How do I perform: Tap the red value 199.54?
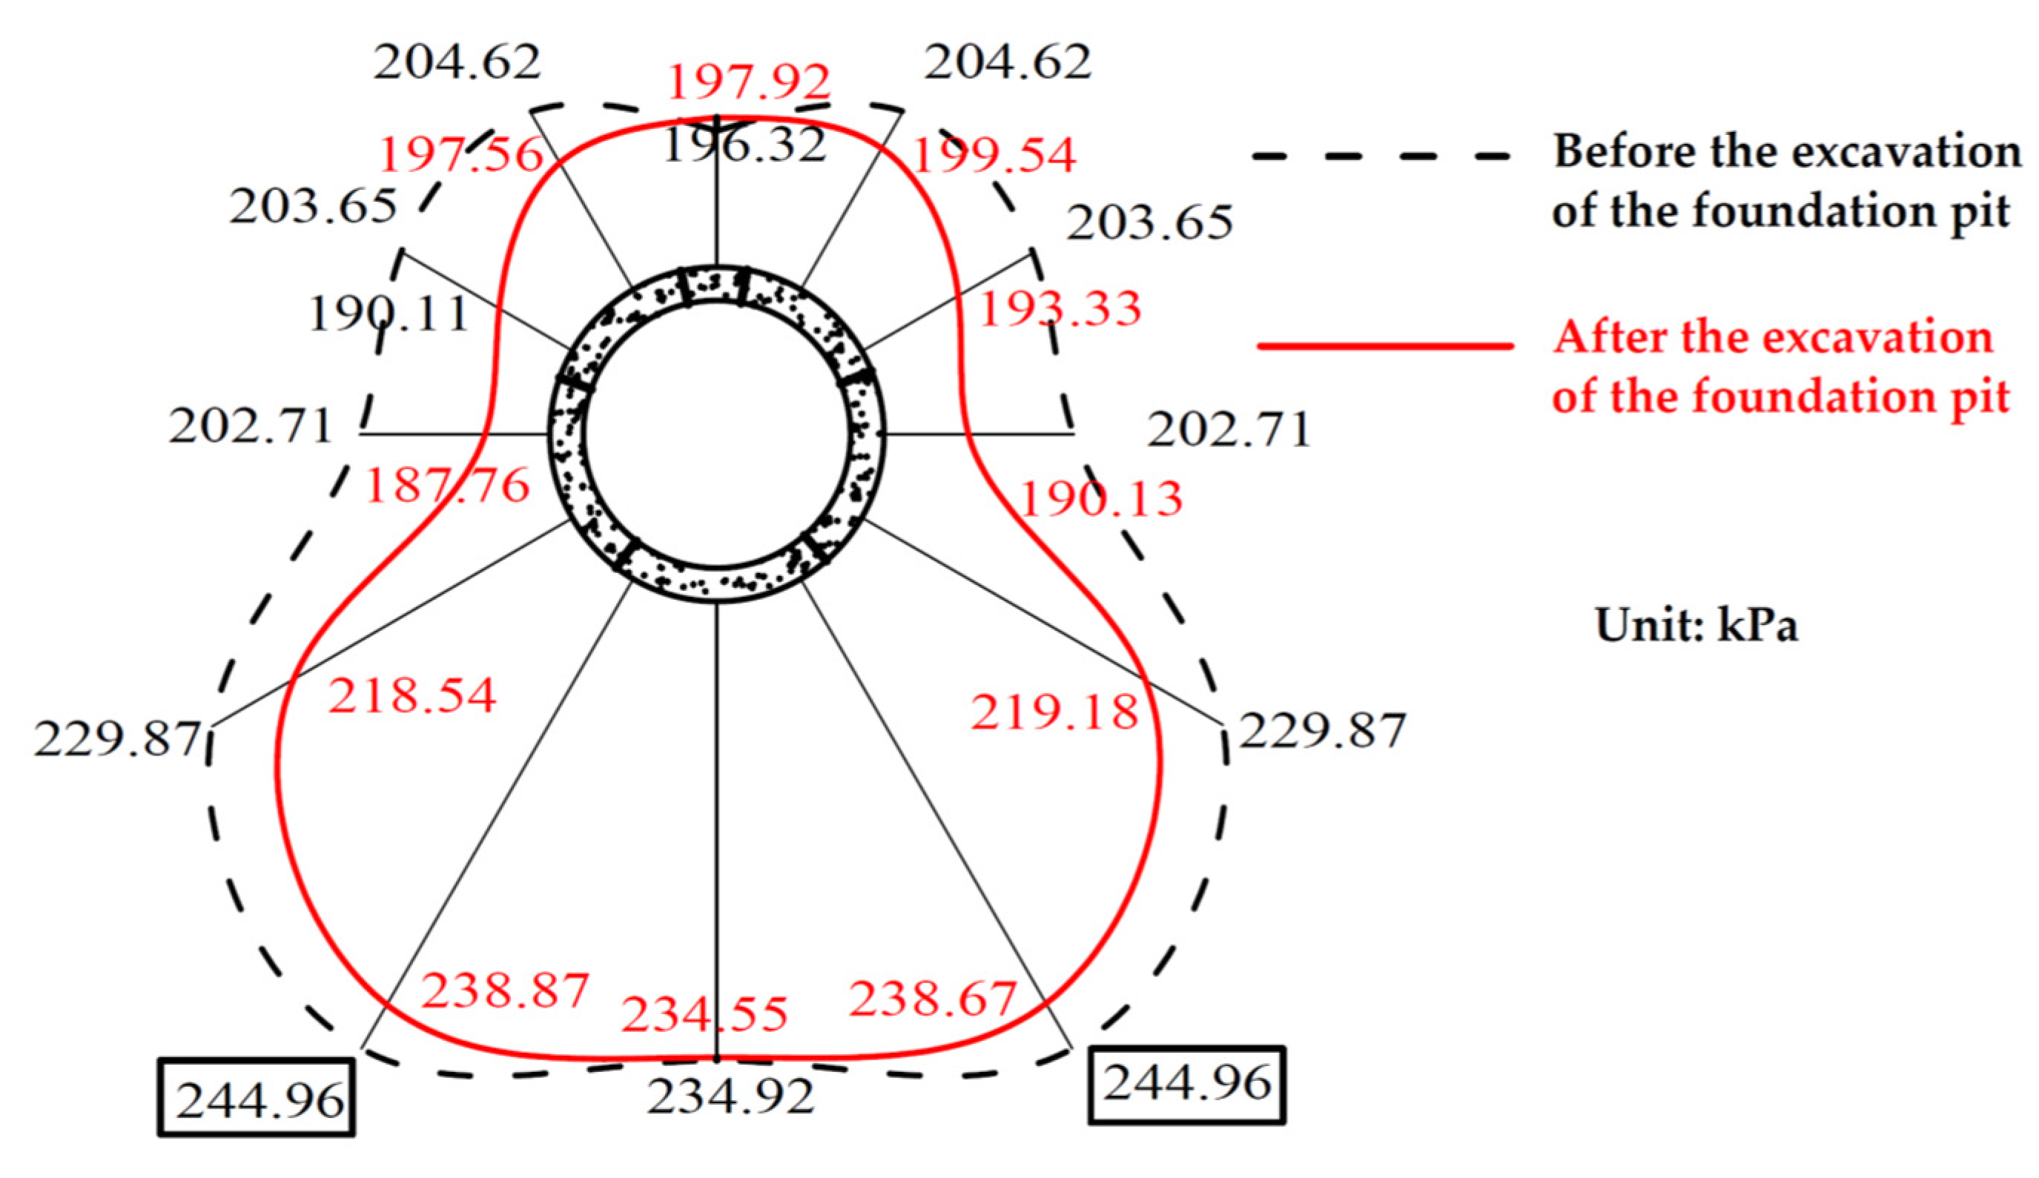pyautogui.click(x=994, y=156)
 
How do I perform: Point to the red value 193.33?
pyautogui.click(x=1060, y=309)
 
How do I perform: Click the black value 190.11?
pyautogui.click(x=389, y=314)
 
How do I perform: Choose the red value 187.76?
pyautogui.click(x=447, y=486)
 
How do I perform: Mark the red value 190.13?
pyautogui.click(x=1101, y=499)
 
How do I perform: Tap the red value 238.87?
pyautogui.click(x=506, y=991)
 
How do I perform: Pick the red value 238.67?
pyautogui.click(x=932, y=999)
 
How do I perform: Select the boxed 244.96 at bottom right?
pyautogui.click(x=1188, y=1084)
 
